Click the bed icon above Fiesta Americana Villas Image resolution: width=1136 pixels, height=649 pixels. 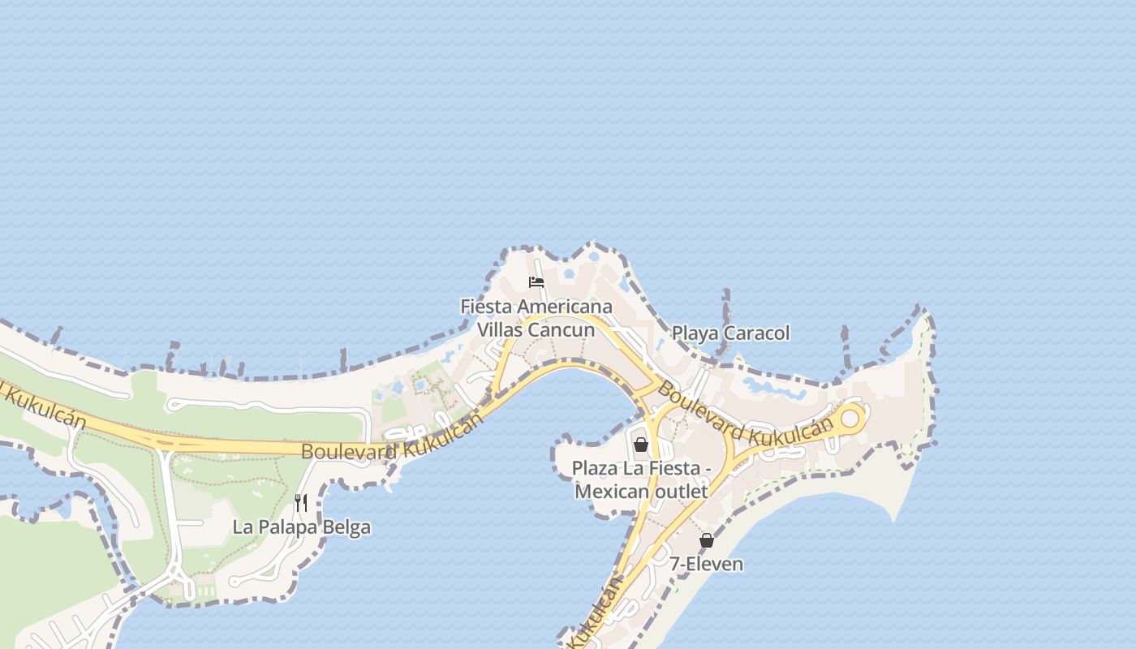coord(536,282)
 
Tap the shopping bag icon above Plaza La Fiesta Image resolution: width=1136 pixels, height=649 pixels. coord(641,444)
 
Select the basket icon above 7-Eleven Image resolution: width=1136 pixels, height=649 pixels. coord(707,540)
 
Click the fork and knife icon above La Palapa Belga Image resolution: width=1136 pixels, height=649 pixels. coord(301,503)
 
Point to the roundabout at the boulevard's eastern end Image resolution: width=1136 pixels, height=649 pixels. coord(850,419)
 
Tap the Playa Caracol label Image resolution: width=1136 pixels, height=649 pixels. coord(730,333)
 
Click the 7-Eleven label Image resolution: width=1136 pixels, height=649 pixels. coord(706,564)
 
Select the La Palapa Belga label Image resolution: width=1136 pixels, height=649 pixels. coord(301,527)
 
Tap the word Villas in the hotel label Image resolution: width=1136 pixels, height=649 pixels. coord(501,330)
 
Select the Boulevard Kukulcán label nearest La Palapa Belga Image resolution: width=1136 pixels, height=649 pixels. coord(392,438)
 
